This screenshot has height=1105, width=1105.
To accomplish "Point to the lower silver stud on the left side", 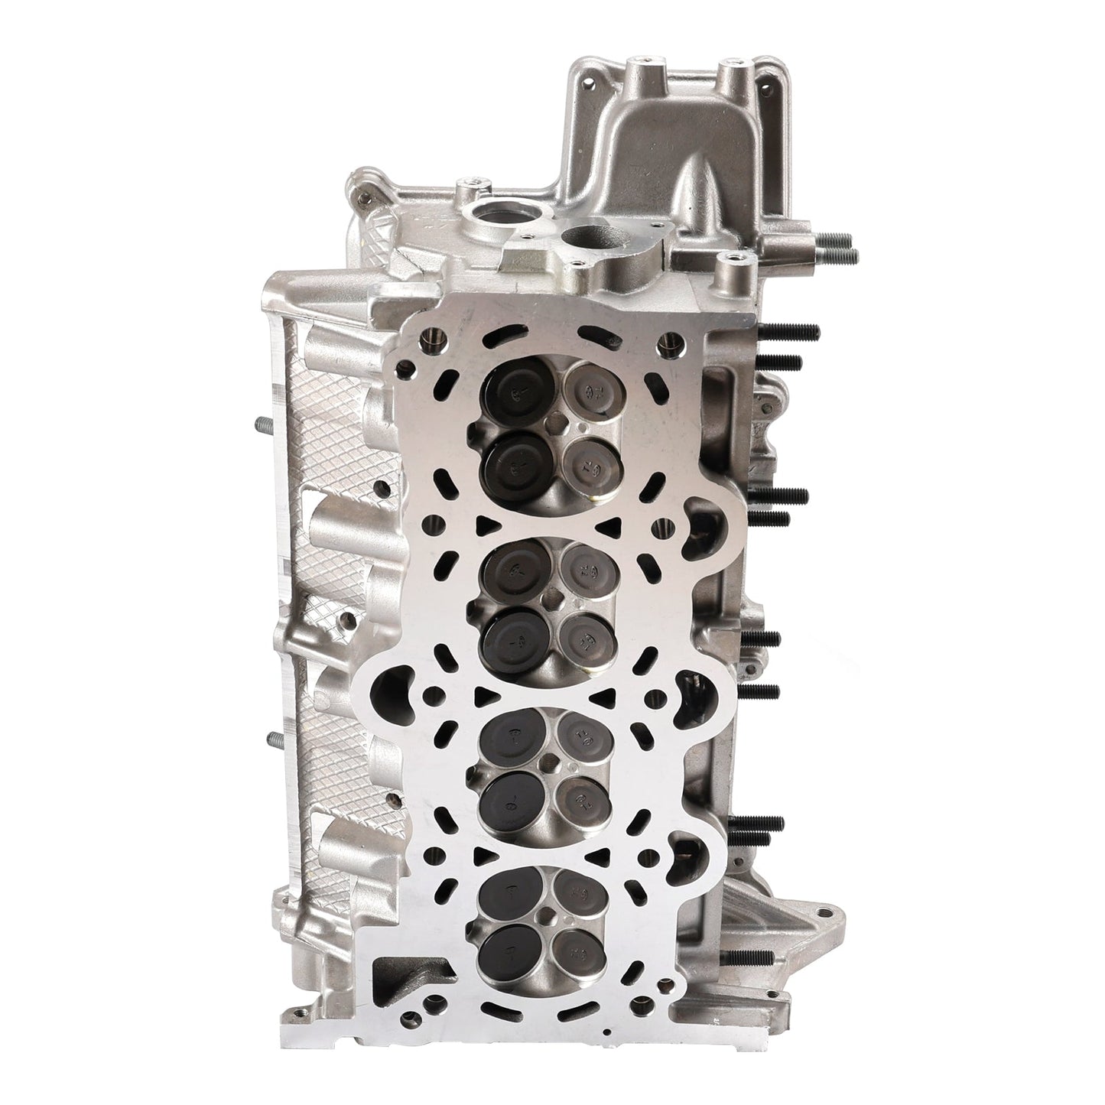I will pos(275,739).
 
